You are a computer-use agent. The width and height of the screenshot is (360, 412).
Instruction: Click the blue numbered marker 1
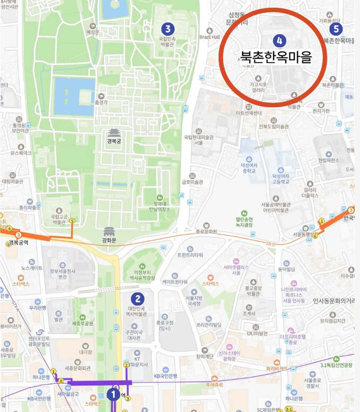(113, 394)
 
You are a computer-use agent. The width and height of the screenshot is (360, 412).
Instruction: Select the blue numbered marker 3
(168, 28)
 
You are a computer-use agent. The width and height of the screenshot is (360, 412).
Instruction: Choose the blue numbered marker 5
(336, 29)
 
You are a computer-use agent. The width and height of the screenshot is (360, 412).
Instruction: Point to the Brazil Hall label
(210, 37)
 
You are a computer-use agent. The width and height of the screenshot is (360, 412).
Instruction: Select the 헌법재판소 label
(328, 161)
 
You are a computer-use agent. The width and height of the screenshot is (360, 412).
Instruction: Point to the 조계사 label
(250, 313)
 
